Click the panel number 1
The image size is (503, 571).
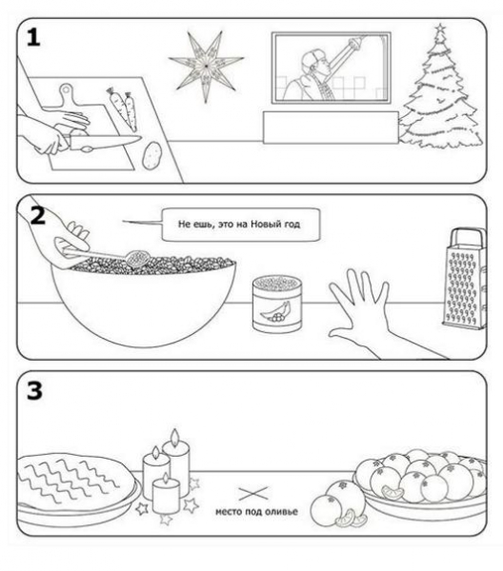click(x=33, y=37)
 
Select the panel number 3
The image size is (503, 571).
click(x=34, y=391)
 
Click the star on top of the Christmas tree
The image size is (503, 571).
click(x=440, y=28)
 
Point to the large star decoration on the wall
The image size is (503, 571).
click(x=206, y=66)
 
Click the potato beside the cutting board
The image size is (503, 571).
click(x=151, y=155)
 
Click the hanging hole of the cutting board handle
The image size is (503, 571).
click(x=67, y=89)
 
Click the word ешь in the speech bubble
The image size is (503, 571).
click(x=203, y=225)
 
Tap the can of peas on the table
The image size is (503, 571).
click(x=277, y=304)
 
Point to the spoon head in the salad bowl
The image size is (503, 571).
click(x=136, y=258)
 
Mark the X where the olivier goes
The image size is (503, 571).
click(x=253, y=493)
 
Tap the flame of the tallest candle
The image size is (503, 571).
click(x=175, y=435)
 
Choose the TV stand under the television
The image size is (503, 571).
click(x=331, y=128)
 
